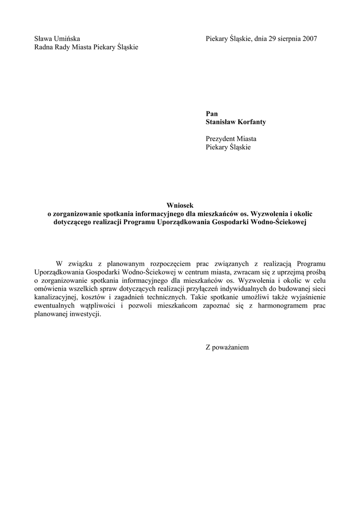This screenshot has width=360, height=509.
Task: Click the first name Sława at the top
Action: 43,39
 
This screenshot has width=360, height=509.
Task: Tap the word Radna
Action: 44,47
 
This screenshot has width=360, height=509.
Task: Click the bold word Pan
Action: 211,114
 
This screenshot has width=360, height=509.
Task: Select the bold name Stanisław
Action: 222,122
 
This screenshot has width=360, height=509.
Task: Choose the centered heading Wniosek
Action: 179,205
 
